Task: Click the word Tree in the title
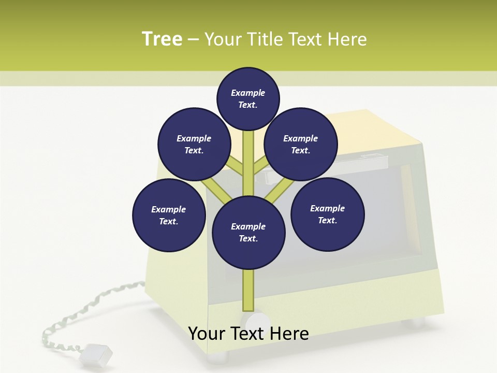click(x=162, y=39)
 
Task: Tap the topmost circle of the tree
click(x=248, y=98)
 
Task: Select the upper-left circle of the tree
click(x=194, y=144)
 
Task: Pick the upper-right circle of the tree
click(x=301, y=144)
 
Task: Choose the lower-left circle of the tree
click(x=169, y=215)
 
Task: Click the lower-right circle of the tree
click(x=328, y=214)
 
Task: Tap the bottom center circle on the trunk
click(x=248, y=232)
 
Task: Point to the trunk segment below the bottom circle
click(x=248, y=290)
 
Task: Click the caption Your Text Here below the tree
click(x=248, y=334)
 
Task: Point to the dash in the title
click(x=193, y=40)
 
